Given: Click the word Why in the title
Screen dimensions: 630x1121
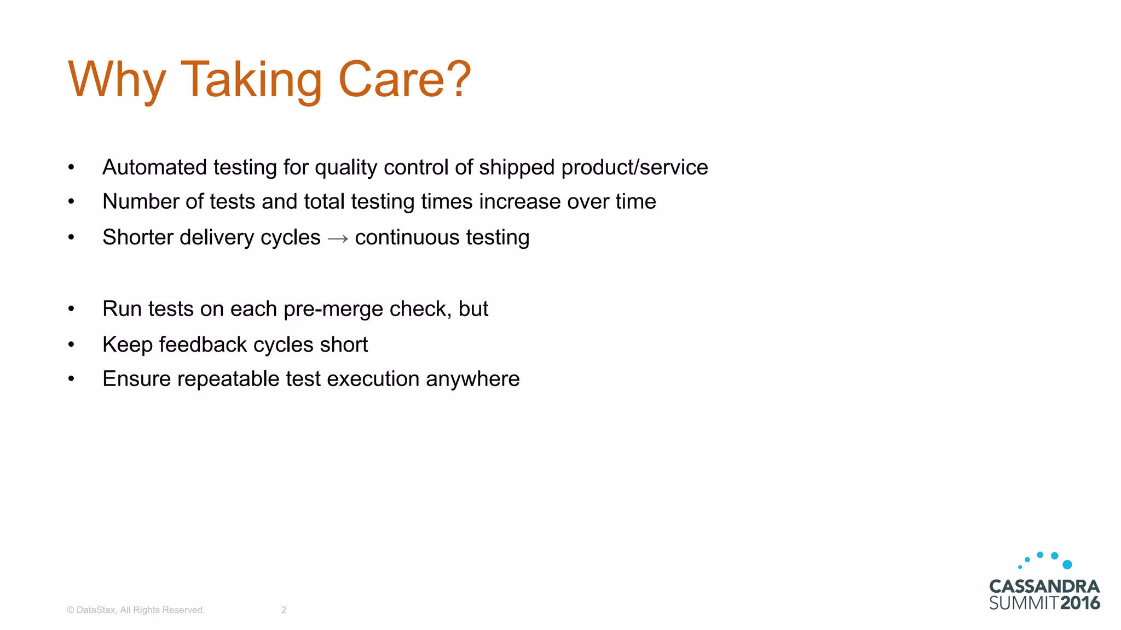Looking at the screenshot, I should (116, 80).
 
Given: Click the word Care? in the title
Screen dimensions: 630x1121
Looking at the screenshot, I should (405, 80).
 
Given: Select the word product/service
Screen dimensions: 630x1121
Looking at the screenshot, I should (634, 167).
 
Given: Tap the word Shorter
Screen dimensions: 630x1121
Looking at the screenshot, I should (137, 237).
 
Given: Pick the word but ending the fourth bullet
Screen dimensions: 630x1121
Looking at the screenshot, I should (473, 309).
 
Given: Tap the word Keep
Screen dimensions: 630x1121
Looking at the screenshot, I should (127, 345).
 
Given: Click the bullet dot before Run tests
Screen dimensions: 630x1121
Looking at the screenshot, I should (71, 309).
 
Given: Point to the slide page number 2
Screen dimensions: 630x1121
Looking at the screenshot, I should (284, 610).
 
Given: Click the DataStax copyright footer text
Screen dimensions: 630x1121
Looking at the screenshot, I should (136, 610).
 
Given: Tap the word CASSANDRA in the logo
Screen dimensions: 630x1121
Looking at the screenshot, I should (1044, 587).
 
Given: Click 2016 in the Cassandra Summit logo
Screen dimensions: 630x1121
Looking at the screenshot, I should (1079, 603).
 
